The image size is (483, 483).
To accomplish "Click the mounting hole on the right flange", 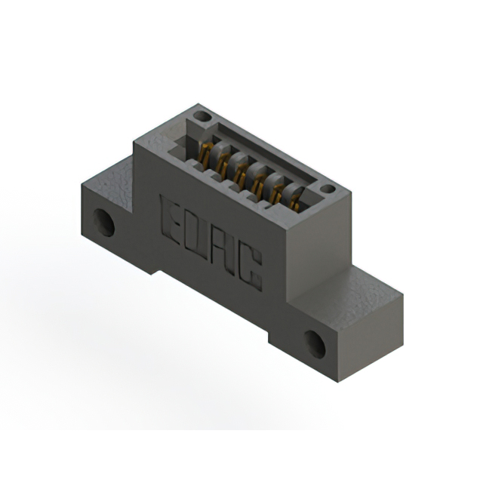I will [316, 344].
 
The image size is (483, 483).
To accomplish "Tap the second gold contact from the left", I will [222, 161].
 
